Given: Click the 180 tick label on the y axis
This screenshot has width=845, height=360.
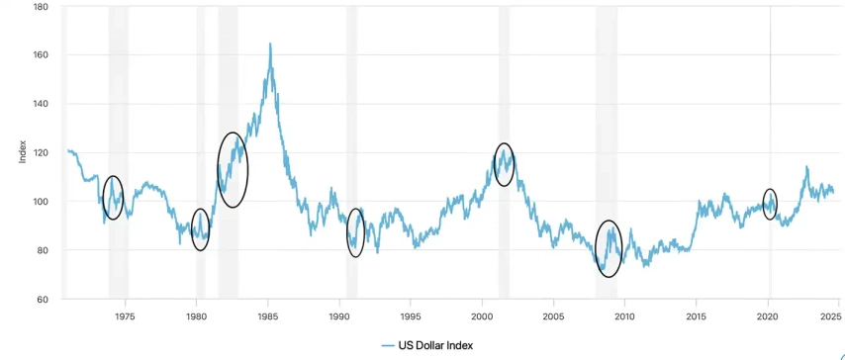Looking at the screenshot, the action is pyautogui.click(x=41, y=7).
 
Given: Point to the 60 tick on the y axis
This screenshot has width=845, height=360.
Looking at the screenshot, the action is pyautogui.click(x=43, y=299).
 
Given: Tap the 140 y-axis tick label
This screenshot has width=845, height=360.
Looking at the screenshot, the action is pyautogui.click(x=41, y=104).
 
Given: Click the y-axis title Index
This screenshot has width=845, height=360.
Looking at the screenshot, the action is pyautogui.click(x=23, y=152).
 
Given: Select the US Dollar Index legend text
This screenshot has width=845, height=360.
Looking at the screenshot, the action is pyautogui.click(x=435, y=345).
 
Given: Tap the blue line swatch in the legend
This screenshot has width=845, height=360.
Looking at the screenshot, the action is pyautogui.click(x=388, y=345).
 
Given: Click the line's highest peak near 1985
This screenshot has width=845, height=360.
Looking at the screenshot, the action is pyautogui.click(x=270, y=44).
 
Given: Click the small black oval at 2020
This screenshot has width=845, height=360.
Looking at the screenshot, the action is pyautogui.click(x=764, y=205).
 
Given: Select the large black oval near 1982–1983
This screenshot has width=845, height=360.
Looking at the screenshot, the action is pyautogui.click(x=218, y=170).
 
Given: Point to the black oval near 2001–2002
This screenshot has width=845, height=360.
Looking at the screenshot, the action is pyautogui.click(x=494, y=164).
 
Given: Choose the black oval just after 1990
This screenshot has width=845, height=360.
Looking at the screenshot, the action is pyautogui.click(x=347, y=232).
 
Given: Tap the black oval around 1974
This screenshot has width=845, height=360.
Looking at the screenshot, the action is pyautogui.click(x=102, y=198).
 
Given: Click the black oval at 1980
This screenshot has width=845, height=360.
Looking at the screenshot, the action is pyautogui.click(x=191, y=229).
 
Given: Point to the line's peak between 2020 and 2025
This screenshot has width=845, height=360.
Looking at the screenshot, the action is pyautogui.click(x=806, y=166).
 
